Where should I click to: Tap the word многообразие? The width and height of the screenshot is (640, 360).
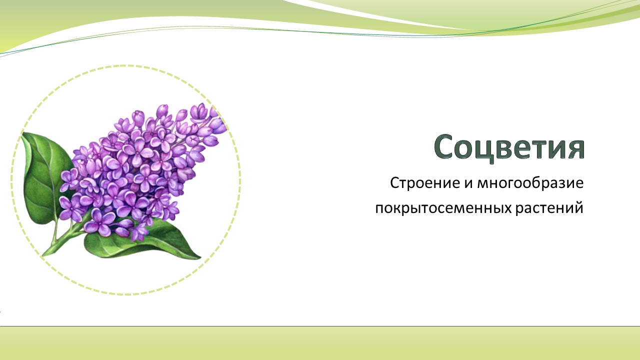(530, 183)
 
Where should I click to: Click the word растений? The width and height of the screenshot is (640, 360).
(549, 207)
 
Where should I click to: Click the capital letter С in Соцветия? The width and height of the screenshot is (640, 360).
(445, 146)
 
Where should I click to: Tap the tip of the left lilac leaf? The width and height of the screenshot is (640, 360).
(22, 133)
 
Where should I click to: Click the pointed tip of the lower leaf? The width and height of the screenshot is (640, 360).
(200, 258)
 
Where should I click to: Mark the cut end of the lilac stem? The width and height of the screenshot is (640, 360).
(43, 255)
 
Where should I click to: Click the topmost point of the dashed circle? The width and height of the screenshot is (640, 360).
(125, 65)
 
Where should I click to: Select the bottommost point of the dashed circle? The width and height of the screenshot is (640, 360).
(125, 294)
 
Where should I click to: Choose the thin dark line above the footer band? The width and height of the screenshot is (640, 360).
(320, 326)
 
